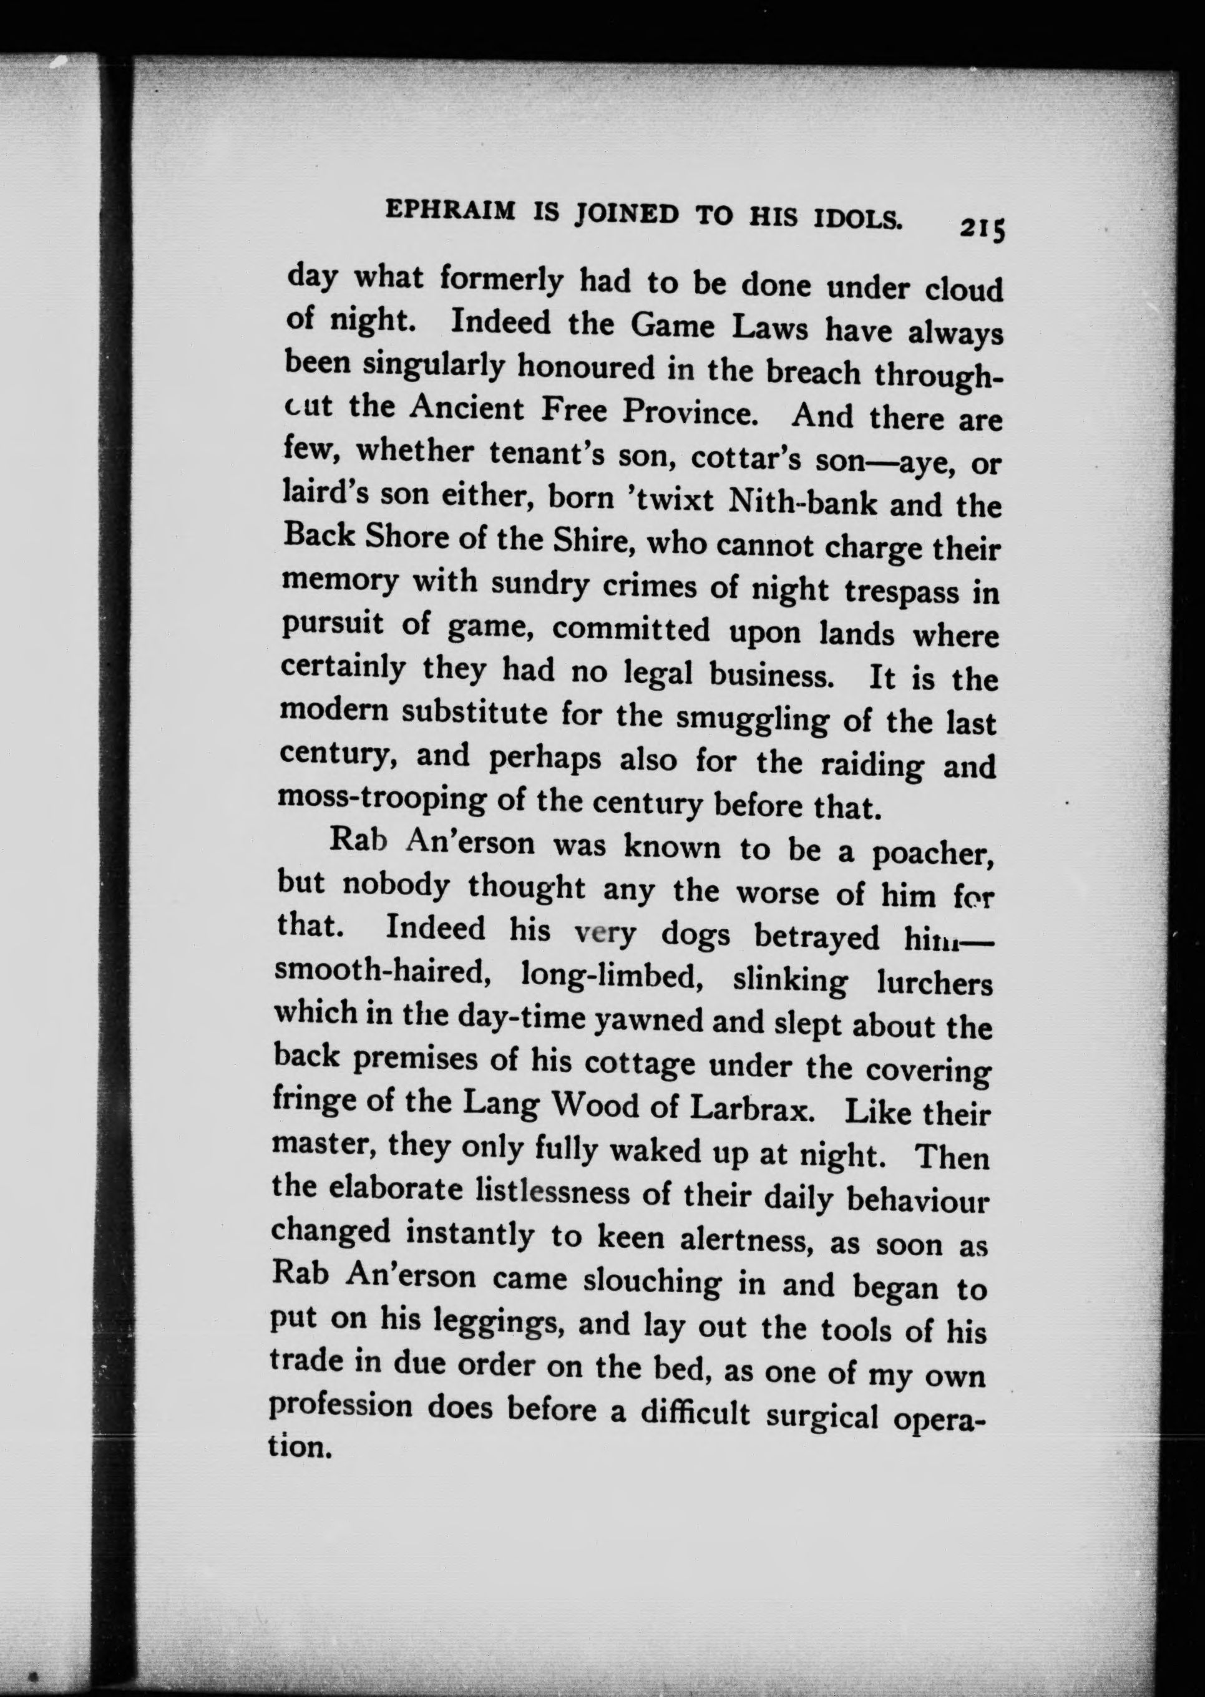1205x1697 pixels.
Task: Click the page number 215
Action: coord(982,228)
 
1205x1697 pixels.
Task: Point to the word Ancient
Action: coord(472,409)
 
